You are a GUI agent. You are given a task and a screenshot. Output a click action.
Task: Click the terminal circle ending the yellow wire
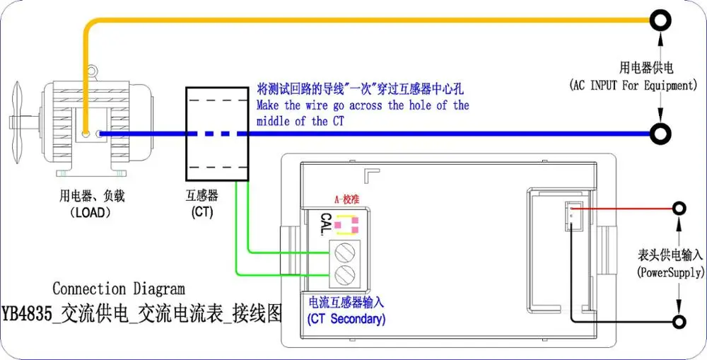tap(660, 21)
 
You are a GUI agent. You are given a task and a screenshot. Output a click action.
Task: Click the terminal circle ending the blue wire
tap(660, 133)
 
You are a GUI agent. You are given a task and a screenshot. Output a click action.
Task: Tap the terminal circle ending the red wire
tap(679, 209)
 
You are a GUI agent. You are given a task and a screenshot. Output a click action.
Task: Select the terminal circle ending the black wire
tap(679, 322)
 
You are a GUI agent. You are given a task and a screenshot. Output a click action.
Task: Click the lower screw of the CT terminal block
tap(344, 274)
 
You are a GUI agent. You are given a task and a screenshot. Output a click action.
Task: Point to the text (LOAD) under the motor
tap(91, 211)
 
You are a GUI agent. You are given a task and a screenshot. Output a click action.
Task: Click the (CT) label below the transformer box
tap(201, 211)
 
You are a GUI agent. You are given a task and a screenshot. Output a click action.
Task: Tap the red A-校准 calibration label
tap(346, 199)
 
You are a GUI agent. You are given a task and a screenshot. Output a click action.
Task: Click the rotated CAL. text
tap(326, 223)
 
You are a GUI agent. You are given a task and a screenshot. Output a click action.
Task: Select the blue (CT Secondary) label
tap(346, 319)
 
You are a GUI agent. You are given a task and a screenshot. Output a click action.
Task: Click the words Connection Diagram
tap(119, 289)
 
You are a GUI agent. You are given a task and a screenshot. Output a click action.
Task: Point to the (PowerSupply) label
tap(670, 272)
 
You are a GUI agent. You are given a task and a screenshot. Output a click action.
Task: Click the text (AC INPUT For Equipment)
tap(633, 85)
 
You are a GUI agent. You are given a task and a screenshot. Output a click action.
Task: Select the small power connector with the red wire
tap(573, 216)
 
